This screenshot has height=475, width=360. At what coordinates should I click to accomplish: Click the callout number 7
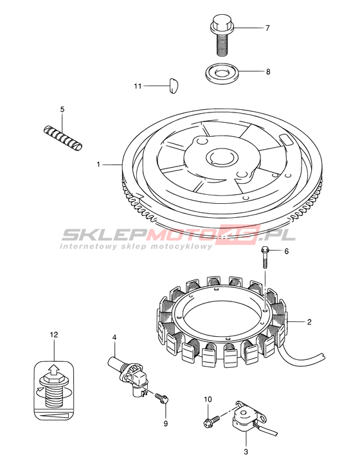tap(267, 28)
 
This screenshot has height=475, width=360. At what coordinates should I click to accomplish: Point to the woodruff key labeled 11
tap(174, 85)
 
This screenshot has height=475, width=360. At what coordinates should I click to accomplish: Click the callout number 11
tap(138, 86)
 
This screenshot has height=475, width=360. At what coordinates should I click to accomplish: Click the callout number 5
tap(62, 109)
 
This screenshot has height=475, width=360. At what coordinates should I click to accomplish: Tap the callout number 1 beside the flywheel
tap(98, 164)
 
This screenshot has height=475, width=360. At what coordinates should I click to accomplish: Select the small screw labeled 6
tap(264, 257)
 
